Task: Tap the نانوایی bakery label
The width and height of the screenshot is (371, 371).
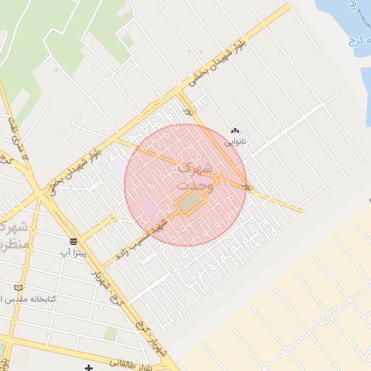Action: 235,141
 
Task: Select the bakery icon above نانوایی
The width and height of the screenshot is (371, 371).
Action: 235,131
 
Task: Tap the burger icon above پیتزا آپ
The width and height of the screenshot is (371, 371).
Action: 73,241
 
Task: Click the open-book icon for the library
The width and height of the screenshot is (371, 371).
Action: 18,288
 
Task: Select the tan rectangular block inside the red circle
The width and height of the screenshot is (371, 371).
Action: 189,204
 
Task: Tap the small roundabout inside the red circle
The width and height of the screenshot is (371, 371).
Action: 217,178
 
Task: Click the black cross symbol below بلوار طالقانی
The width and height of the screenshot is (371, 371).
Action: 88,367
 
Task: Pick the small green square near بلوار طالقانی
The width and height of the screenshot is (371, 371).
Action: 109,334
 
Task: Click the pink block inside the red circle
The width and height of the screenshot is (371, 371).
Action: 149,207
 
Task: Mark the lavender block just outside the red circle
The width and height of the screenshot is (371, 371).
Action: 117,167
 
